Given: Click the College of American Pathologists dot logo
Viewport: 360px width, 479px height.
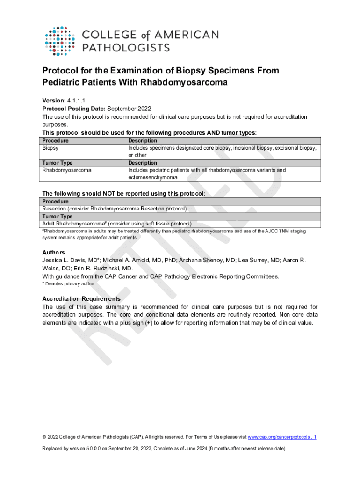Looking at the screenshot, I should pyautogui.click(x=59, y=41).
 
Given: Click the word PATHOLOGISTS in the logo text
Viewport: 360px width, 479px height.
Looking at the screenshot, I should pyautogui.click(x=126, y=47).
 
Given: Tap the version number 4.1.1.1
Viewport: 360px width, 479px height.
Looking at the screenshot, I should pyautogui.click(x=77, y=100).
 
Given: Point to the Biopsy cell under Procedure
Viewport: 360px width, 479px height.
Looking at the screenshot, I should pyautogui.click(x=50, y=148).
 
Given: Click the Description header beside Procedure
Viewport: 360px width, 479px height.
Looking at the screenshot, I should pyautogui.click(x=143, y=140).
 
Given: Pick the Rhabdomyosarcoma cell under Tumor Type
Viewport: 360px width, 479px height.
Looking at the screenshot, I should pyautogui.click(x=67, y=170).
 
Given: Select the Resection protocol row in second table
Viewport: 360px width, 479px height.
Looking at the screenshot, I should pyautogui.click(x=115, y=209).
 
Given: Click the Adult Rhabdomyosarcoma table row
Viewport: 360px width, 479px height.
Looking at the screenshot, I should pyautogui.click(x=117, y=224).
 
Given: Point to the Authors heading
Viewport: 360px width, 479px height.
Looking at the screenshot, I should pyautogui.click(x=54, y=252).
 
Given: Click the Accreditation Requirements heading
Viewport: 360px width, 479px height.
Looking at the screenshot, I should pyautogui.click(x=81, y=298).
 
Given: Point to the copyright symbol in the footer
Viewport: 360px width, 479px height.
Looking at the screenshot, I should pyautogui.click(x=44, y=437).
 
